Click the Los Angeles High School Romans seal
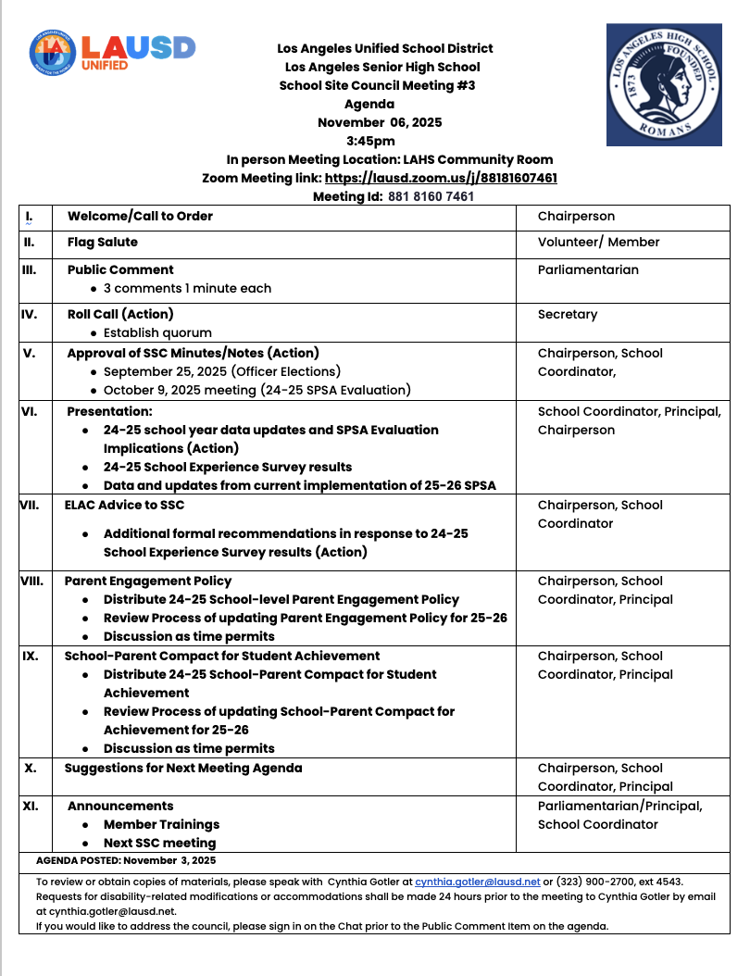coord(664,85)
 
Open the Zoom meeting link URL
coord(441,178)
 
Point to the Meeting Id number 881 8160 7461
coord(431,196)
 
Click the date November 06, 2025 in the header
coord(380,122)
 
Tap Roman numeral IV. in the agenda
coord(30,314)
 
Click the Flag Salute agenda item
coord(103,242)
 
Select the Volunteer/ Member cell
coord(598,242)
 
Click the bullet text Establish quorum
coord(157,332)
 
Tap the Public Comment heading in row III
coord(120,269)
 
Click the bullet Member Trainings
coord(161,824)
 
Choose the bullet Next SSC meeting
coord(159,843)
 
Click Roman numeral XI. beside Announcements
coord(31,806)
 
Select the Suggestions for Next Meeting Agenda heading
coord(183,768)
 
